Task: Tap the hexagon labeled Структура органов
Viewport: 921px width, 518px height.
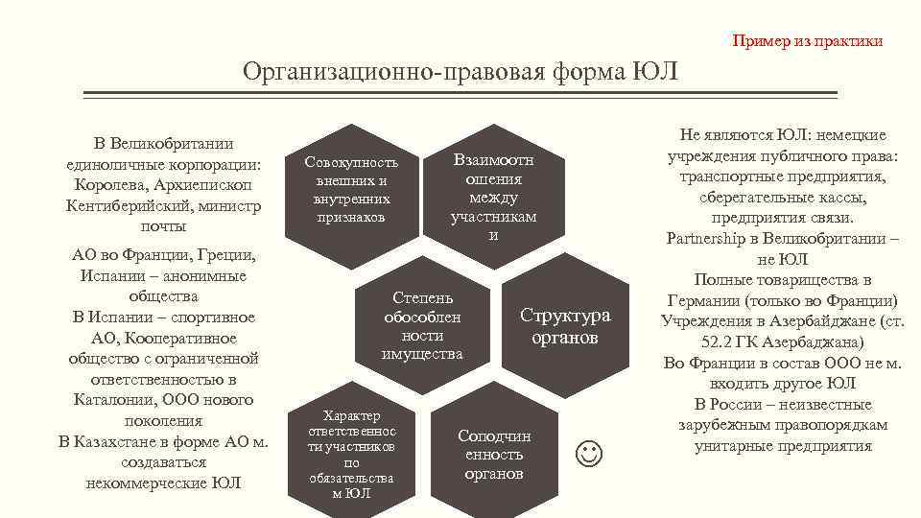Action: [565, 327]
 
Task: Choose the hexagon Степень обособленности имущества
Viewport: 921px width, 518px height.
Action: [422, 326]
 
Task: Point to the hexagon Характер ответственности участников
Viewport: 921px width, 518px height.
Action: [351, 454]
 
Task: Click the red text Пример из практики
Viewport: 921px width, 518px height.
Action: [807, 41]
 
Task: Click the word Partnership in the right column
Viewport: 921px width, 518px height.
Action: [712, 239]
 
